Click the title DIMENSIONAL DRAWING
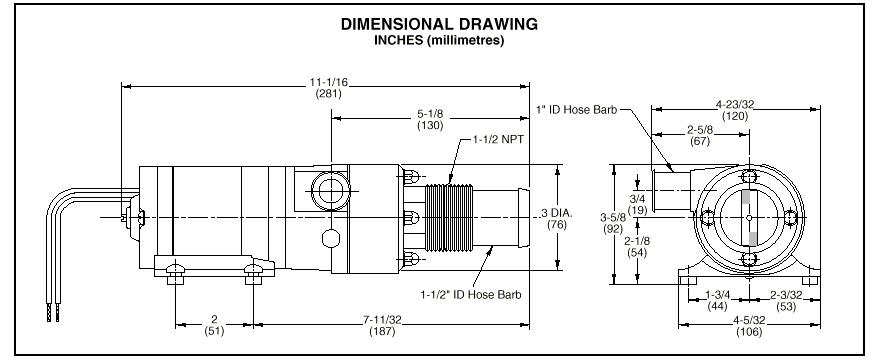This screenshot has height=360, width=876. coord(439,24)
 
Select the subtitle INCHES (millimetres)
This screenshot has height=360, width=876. coord(439,41)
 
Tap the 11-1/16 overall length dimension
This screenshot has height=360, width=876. coord(328,82)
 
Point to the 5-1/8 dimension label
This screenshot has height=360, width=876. coord(430,114)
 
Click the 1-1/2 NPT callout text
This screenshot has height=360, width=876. coord(497,139)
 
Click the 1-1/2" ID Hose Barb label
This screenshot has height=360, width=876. coord(471,294)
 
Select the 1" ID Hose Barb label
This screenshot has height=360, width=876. coord(577,110)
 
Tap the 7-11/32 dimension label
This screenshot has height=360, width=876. coord(383,320)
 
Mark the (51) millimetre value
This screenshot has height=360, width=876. coord(214,331)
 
